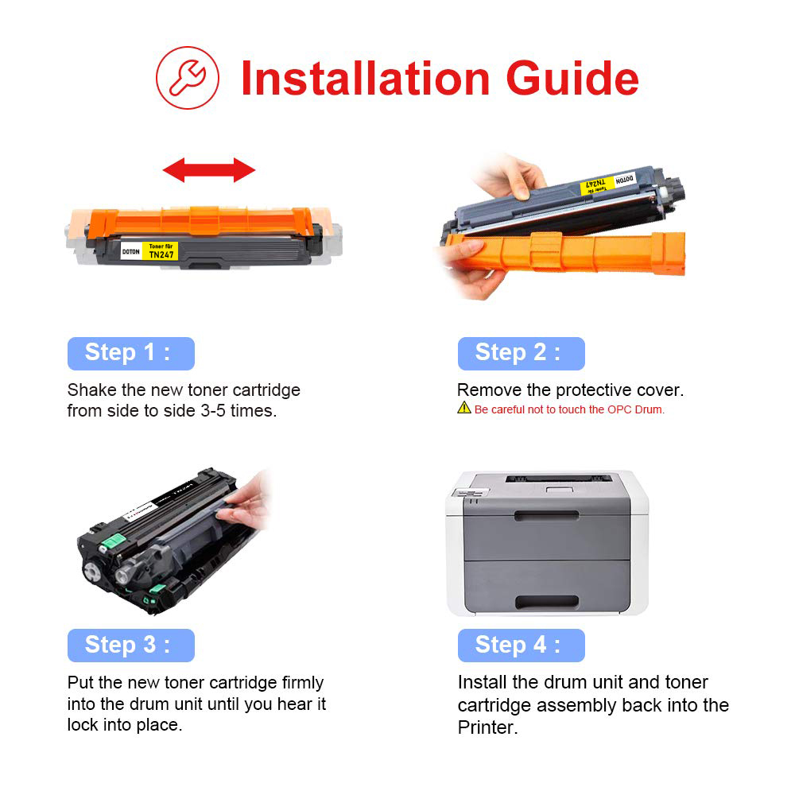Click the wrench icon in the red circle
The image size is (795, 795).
pos(187,78)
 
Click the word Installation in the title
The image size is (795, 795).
pos(365,78)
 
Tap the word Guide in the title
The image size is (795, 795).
pos(572,78)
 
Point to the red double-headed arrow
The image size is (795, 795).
pos(209,169)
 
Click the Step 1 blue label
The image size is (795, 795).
pos(131,354)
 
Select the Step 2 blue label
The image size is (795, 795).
pos(522,354)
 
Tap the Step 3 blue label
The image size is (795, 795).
pos(131,646)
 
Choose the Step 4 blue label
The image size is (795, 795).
pos(522,646)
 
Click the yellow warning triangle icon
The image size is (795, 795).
pos(464,408)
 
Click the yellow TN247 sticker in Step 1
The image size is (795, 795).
pos(161,251)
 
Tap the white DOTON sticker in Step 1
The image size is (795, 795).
pos(131,251)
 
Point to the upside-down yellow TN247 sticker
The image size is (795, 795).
pos(597,185)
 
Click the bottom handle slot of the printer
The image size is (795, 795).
pos(547,602)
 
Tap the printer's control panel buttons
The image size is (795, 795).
pos(470,493)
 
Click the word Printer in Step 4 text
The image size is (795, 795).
pos(488,727)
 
